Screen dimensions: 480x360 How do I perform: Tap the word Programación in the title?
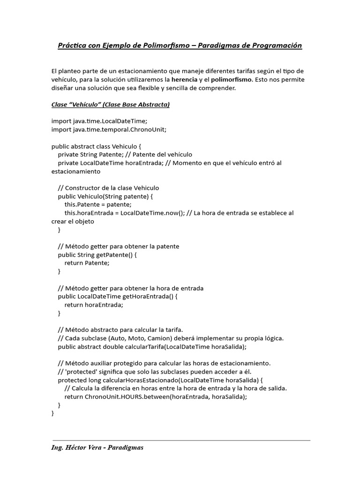pos(275,45)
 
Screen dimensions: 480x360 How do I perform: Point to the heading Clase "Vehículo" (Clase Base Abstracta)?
pos(110,105)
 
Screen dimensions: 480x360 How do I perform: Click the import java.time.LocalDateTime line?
pos(99,121)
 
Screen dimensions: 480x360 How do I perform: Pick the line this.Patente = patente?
pos(98,204)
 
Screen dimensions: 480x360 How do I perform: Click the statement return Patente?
pos(87,263)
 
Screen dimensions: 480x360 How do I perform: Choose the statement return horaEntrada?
pos(94,305)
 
